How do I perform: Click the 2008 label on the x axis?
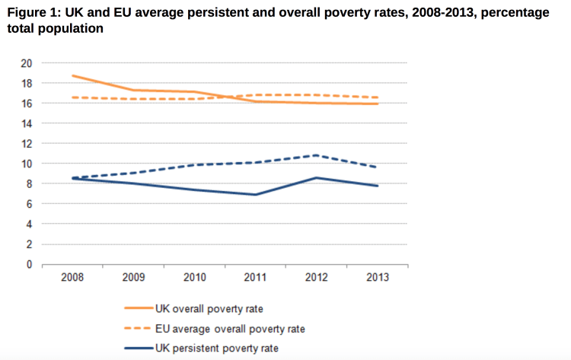pos(72,278)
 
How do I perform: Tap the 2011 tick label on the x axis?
pos(255,278)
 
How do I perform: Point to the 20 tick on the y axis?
pos(27,63)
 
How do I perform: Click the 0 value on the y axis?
pos(30,265)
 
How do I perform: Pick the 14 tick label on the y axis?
pos(27,123)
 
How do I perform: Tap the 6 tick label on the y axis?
pos(30,204)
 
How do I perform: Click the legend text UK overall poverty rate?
pos(209,309)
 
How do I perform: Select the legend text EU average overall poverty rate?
pos(229,329)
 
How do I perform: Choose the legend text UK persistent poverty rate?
pos(215,348)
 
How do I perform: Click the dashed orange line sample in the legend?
pos(139,329)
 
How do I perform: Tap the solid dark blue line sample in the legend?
pos(139,348)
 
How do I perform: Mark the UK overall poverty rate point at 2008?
pos(73,75)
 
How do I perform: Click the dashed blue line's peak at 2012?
pos(315,155)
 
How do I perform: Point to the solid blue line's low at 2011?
pos(255,195)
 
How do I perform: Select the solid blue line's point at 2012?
pos(315,178)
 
